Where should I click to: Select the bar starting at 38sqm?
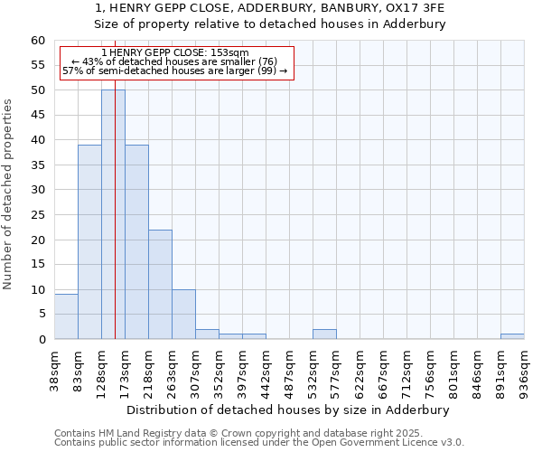point(66,316)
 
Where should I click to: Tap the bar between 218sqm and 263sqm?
point(160,285)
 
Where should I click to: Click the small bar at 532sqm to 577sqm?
point(324,334)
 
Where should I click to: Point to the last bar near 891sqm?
point(512,336)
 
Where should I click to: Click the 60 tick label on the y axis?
point(38,41)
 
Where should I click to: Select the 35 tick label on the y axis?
point(38,165)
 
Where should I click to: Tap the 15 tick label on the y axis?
point(38,265)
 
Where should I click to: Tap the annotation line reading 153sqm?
point(176,53)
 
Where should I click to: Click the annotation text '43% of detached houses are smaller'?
point(174,61)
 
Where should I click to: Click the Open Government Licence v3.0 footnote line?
point(259,442)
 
